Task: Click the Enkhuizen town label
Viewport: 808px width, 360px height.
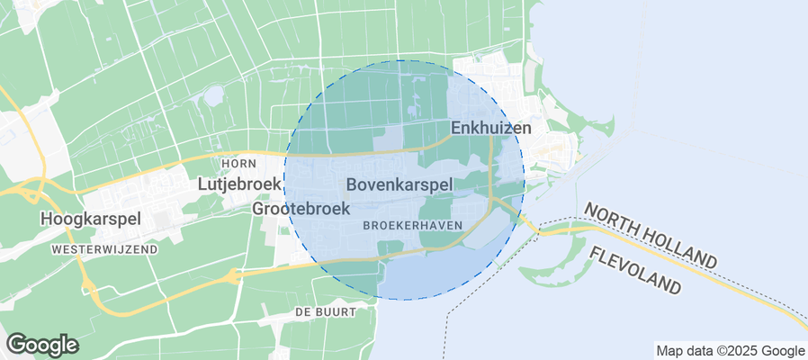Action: (x=490, y=128)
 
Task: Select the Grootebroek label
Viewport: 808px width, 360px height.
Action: (x=301, y=208)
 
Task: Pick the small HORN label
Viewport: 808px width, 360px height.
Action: (x=238, y=163)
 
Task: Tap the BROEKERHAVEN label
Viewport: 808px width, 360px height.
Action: (x=413, y=226)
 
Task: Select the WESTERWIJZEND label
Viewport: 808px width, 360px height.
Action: (x=104, y=248)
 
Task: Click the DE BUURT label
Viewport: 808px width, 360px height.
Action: (x=325, y=311)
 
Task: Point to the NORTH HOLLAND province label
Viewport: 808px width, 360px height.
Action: (x=651, y=235)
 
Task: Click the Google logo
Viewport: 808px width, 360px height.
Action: (x=41, y=344)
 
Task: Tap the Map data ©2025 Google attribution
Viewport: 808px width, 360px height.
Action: (x=730, y=351)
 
